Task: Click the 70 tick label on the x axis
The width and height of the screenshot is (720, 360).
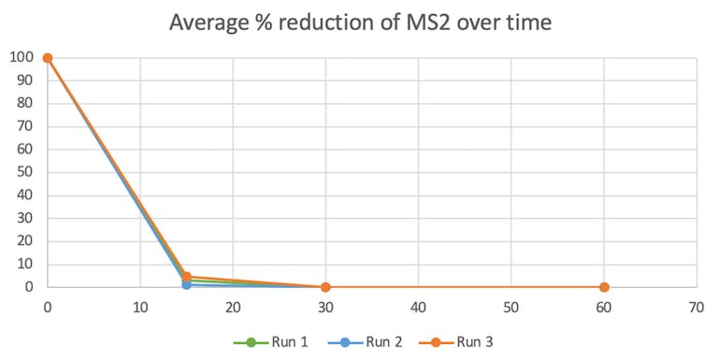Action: [696, 307]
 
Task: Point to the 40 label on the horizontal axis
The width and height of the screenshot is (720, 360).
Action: [418, 307]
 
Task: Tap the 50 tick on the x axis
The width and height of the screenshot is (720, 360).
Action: [511, 307]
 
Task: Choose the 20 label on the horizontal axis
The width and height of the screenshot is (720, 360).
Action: [233, 307]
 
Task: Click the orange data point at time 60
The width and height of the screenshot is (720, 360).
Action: [604, 287]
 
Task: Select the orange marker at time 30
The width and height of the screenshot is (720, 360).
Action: [325, 287]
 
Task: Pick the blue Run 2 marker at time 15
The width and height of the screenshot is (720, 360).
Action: [186, 284]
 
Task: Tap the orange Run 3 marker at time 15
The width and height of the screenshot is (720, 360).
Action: [187, 277]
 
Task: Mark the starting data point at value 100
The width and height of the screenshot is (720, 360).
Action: [48, 58]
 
